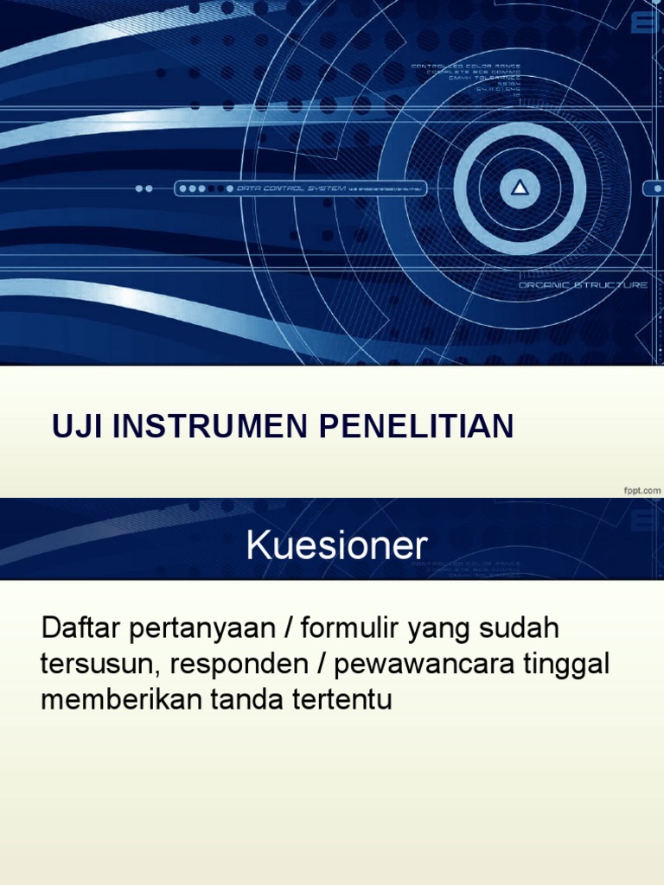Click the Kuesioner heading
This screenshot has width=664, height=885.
336,545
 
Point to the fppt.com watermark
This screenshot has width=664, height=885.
642,490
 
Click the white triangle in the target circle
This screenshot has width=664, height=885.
520,187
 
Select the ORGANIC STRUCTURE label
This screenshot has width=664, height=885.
582,284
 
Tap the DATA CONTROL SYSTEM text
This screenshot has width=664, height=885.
290,188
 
